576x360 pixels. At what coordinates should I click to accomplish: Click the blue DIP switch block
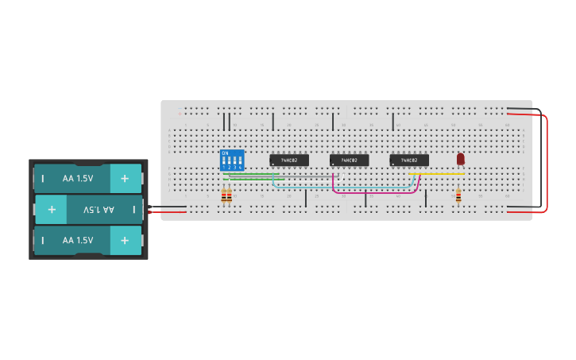pyautogui.click(x=232, y=159)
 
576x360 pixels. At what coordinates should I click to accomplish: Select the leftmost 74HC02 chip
pyautogui.click(x=289, y=160)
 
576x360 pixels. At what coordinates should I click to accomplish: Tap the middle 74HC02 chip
pyautogui.click(x=349, y=160)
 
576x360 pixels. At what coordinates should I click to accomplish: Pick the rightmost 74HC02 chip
pyautogui.click(x=409, y=160)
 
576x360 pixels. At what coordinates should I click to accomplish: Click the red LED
pyautogui.click(x=460, y=158)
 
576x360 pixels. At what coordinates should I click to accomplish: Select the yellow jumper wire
pyautogui.click(x=437, y=173)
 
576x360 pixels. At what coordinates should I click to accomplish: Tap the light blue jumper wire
pyautogui.click(x=342, y=188)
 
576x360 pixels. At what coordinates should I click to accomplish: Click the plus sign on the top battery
pyautogui.click(x=125, y=179)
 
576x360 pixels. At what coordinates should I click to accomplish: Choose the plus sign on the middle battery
pyautogui.click(x=52, y=209)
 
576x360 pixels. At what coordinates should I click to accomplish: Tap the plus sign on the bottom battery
pyautogui.click(x=125, y=239)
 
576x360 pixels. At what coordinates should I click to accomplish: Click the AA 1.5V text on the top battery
pyautogui.click(x=78, y=179)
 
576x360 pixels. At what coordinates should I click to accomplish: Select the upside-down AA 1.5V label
pyautogui.click(x=99, y=209)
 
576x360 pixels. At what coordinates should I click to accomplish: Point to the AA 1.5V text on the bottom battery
pyautogui.click(x=78, y=239)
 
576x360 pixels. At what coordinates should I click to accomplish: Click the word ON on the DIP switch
pyautogui.click(x=225, y=153)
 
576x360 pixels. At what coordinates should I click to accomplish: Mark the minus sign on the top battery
pyautogui.click(x=43, y=179)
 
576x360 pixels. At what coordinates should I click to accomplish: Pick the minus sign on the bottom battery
pyautogui.click(x=43, y=239)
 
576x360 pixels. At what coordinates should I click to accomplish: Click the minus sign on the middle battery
pyautogui.click(x=133, y=209)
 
